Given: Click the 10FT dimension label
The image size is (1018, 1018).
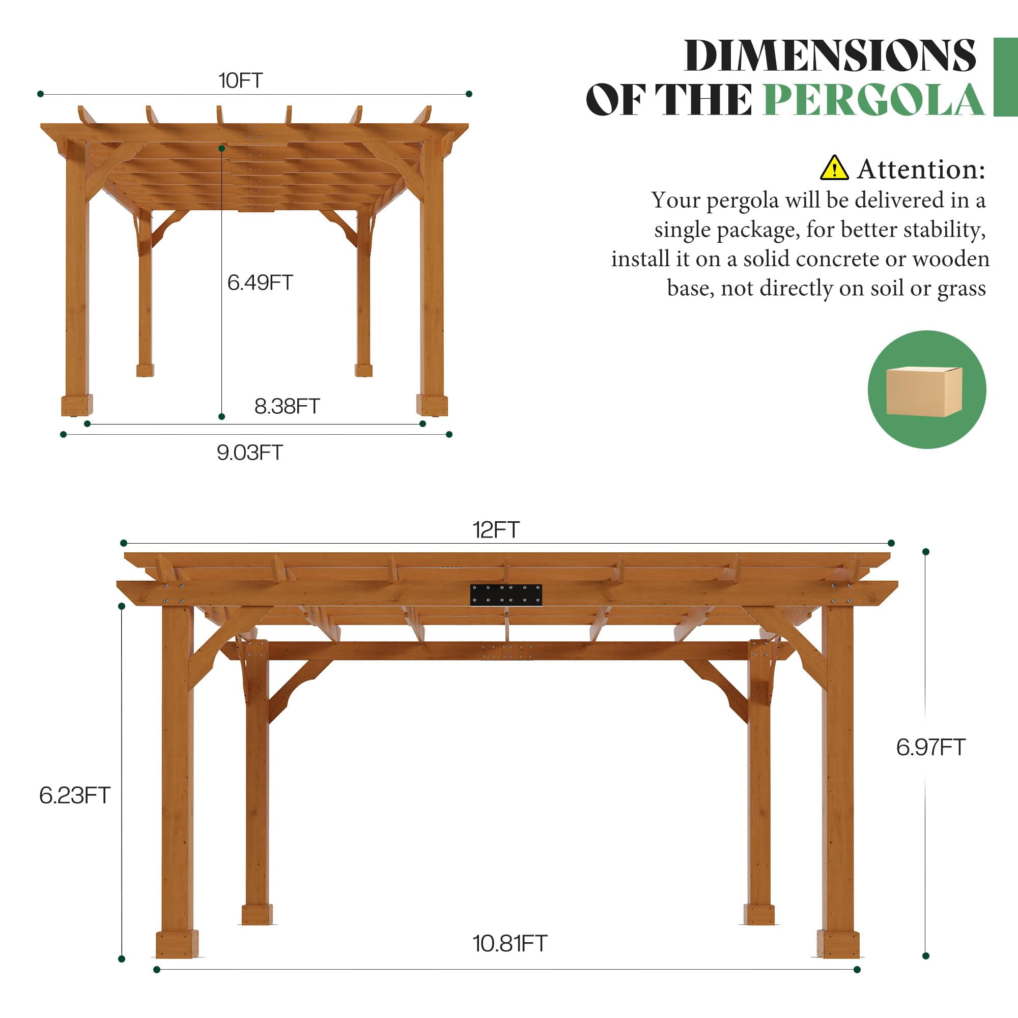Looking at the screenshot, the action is point(240,80).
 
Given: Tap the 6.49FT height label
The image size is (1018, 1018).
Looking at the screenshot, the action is point(260,282).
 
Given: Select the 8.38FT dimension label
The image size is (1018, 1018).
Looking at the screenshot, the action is point(287,406).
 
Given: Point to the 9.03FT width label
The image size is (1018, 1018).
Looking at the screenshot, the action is point(250,452).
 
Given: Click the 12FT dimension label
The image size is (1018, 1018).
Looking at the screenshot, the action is point(496,529).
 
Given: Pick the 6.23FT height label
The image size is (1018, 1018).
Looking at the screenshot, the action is point(74,795).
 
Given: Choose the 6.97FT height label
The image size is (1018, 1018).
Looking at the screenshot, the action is point(930,747).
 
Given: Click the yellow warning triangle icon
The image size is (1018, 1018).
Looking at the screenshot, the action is point(834,167).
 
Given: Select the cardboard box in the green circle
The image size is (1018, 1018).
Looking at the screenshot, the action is point(924,391).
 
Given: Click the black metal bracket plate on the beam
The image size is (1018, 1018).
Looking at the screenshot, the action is point(506,595).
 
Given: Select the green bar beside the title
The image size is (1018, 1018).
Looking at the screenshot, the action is point(1005,77).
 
